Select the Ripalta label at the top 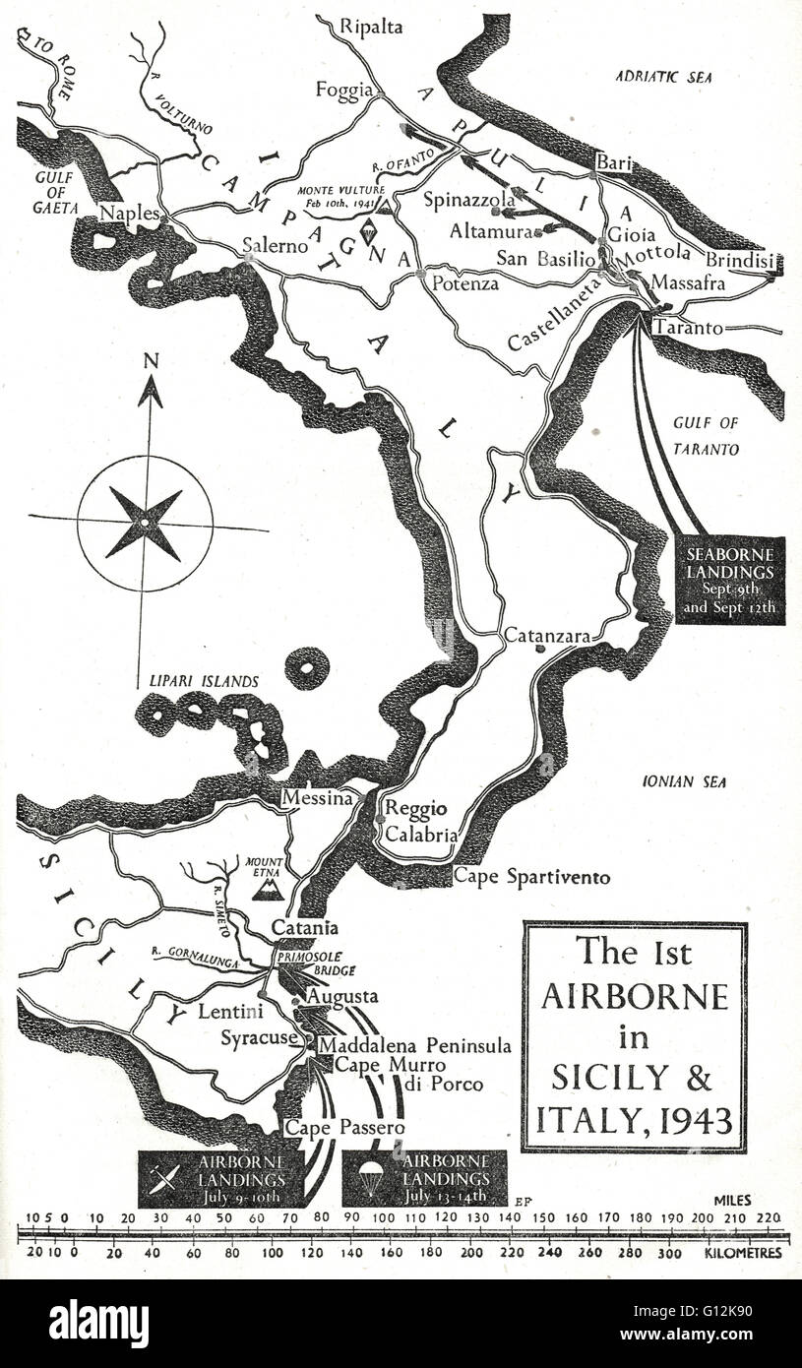tap(371, 27)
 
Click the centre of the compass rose tap(145, 523)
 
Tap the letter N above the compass tap(150, 361)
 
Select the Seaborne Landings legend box tap(731, 580)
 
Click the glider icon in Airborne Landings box tap(166, 1178)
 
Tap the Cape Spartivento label tap(531, 877)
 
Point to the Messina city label tap(317, 799)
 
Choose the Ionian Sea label tap(684, 782)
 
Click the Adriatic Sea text tap(662, 76)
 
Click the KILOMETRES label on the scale tap(743, 1253)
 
